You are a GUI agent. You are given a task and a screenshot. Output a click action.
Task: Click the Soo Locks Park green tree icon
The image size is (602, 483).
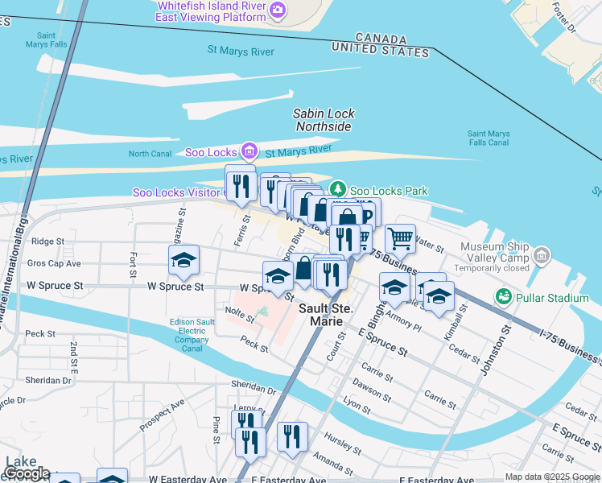click(340, 188)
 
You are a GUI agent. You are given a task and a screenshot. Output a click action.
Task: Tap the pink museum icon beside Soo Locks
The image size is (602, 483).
click(249, 151)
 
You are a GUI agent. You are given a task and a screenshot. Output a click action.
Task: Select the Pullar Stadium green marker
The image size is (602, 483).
click(504, 296)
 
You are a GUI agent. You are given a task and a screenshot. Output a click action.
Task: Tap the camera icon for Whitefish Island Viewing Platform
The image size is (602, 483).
click(278, 10)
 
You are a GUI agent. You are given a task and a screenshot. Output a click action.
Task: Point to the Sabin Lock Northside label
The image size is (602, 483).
click(323, 120)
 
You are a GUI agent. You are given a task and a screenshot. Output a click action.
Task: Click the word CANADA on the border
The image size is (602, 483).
click(380, 39)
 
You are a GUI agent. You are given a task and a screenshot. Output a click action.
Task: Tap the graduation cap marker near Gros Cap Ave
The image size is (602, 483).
click(183, 259)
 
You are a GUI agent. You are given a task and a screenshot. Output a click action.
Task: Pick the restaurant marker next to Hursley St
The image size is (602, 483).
click(292, 436)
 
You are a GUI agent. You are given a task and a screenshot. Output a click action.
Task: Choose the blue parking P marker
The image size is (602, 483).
click(365, 216)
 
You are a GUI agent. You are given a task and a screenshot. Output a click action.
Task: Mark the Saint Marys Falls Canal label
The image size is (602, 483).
click(488, 138)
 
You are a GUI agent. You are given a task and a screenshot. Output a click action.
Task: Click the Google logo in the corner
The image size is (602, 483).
click(27, 473)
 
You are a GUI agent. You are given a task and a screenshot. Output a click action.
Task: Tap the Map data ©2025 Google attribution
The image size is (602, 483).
click(552, 477)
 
